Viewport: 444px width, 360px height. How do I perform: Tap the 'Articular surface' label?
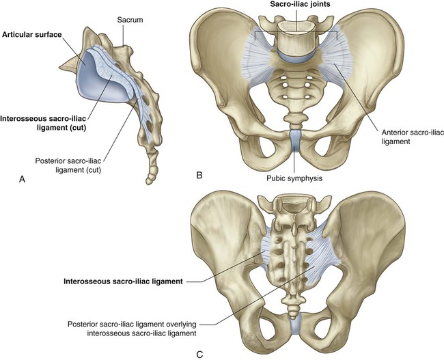pyautogui.click(x=31, y=35)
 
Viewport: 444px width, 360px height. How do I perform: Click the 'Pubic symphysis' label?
pyautogui.click(x=294, y=178)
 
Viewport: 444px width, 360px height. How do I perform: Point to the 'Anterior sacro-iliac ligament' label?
pyautogui.click(x=413, y=137)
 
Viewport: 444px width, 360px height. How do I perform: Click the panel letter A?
pyautogui.click(x=22, y=179)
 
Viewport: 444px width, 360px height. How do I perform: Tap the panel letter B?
pyautogui.click(x=199, y=176)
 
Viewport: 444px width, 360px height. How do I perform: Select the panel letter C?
pyautogui.click(x=199, y=355)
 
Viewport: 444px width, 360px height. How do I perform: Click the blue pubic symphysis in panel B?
pyautogui.click(x=295, y=140)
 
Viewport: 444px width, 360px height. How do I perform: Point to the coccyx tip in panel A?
pyautogui.click(x=149, y=182)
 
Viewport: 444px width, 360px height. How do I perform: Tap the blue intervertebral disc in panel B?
pyautogui.click(x=294, y=55)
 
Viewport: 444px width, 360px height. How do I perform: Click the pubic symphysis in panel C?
pyautogui.click(x=296, y=324)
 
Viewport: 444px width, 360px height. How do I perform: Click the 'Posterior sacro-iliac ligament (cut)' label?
pyautogui.click(x=68, y=165)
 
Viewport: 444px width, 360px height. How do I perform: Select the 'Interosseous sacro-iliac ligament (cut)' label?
pyautogui.click(x=43, y=123)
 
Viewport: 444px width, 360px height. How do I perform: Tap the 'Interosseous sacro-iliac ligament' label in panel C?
pyautogui.click(x=123, y=281)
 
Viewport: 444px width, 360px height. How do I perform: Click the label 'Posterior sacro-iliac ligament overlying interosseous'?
pyautogui.click(x=132, y=329)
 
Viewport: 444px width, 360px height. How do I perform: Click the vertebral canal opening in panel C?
pyautogui.click(x=294, y=208)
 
